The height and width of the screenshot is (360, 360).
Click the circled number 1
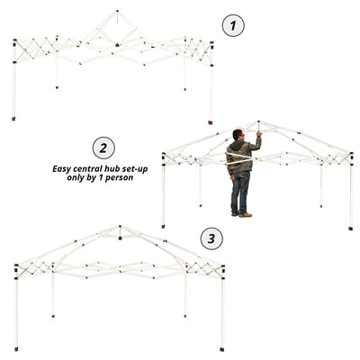click(x=233, y=26)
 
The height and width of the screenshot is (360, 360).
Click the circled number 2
click(x=103, y=148)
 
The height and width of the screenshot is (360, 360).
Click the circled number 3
click(x=211, y=238)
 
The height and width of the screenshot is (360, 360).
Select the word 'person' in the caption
click(x=119, y=178)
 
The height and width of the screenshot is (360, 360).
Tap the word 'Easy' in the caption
click(x=61, y=169)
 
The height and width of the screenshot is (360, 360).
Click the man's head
click(x=238, y=134)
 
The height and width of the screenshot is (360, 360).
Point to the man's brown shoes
click(x=242, y=214)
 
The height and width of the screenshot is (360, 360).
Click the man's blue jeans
click(x=240, y=192)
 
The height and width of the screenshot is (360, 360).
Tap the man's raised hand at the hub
click(x=259, y=134)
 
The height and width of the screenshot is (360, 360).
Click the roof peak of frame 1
click(x=117, y=12)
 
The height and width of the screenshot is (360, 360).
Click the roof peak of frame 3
click(x=120, y=227)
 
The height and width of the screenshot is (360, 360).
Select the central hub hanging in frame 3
click(x=120, y=238)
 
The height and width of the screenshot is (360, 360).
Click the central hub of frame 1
click(x=117, y=45)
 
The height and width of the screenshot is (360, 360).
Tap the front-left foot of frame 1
click(x=13, y=119)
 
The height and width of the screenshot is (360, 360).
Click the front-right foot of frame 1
click(x=211, y=122)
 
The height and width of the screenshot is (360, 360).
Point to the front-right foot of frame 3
click(x=222, y=349)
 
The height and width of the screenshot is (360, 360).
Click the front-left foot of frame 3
click(x=16, y=349)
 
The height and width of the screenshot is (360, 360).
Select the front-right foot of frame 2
click(x=351, y=229)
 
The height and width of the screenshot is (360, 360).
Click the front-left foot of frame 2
click(x=163, y=226)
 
